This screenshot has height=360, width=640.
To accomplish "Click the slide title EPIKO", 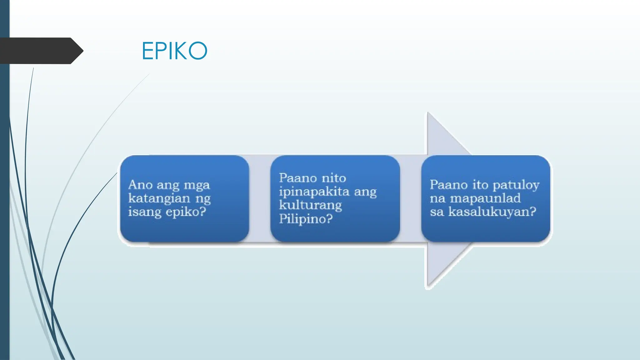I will pos(174,51).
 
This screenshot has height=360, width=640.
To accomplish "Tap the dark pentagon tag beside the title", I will pos(41,51).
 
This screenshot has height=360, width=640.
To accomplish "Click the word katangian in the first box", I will pos(159,198).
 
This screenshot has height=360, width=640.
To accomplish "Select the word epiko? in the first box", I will pos(186,212).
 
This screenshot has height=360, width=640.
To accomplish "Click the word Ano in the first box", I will pos(140,185).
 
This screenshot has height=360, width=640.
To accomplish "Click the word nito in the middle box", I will pos(334,178).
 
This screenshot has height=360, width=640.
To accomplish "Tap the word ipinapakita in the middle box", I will pos(314,192).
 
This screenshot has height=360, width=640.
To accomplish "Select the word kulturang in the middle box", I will pos(310,205).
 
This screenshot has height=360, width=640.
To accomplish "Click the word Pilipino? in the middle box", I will pos(306,219).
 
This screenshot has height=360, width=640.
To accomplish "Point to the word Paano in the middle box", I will pos(298,178).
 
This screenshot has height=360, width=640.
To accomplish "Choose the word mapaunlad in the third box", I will pos(485,198).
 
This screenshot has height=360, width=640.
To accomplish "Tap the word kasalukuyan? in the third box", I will pos(492,212).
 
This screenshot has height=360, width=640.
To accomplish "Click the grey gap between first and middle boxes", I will pos(260,198).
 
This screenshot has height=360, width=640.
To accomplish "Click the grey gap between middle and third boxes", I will pos(411,198).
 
